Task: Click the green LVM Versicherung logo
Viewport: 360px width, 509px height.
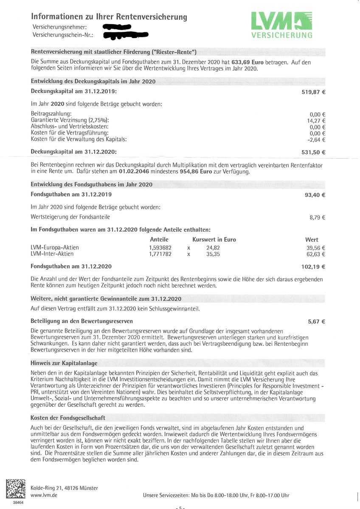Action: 281,25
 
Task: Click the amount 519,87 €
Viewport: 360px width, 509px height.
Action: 313,92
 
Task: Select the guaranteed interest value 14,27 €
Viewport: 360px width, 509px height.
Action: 315,120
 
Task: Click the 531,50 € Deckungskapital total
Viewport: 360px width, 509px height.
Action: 313,152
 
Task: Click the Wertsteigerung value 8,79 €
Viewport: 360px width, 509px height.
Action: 317,218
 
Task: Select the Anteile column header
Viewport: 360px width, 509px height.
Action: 159,240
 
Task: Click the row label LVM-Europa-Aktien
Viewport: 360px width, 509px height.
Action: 55,248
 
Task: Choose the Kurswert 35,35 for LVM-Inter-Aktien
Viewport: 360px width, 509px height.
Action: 213,254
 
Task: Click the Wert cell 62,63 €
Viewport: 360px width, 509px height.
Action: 315,254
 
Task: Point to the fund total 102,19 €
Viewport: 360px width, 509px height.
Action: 313,267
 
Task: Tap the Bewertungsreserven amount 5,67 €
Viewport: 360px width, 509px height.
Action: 317,322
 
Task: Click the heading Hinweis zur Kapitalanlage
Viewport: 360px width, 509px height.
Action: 64,364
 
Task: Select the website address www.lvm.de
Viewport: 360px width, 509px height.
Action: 45,495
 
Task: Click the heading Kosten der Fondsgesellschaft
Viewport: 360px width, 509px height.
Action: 68,418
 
